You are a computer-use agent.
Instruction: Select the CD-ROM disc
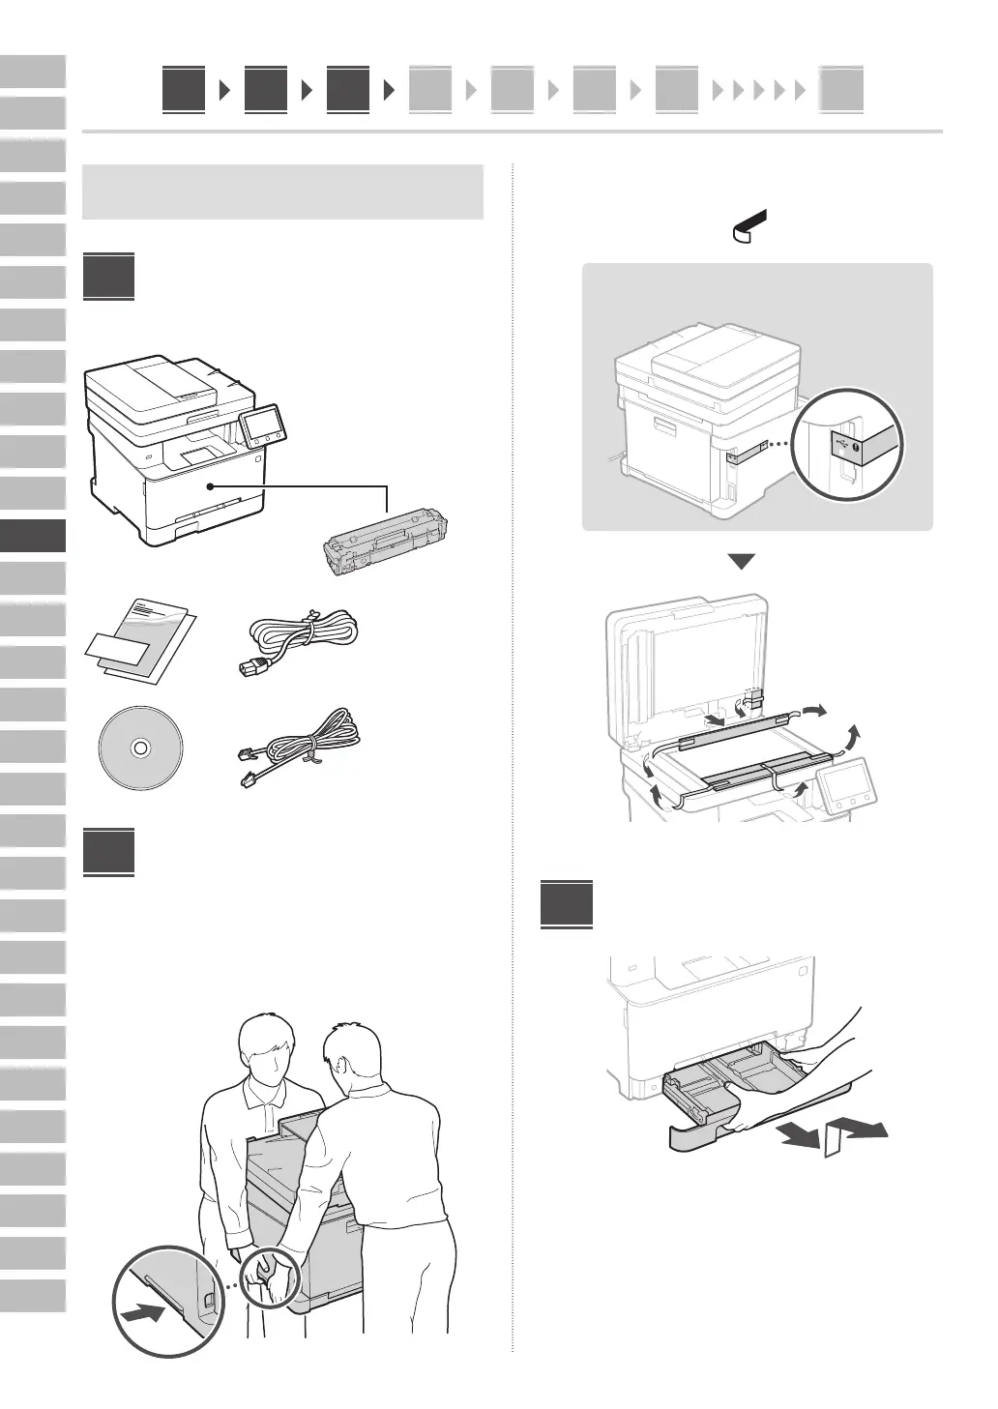[x=140, y=748]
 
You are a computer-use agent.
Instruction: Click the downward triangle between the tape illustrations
[x=741, y=562]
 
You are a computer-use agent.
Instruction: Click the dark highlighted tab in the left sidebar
[x=33, y=536]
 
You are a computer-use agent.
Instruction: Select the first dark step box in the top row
[x=184, y=90]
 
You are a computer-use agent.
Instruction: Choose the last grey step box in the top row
[x=841, y=91]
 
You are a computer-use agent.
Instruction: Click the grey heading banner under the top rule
[x=282, y=191]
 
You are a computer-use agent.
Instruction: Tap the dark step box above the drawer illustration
[x=566, y=903]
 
